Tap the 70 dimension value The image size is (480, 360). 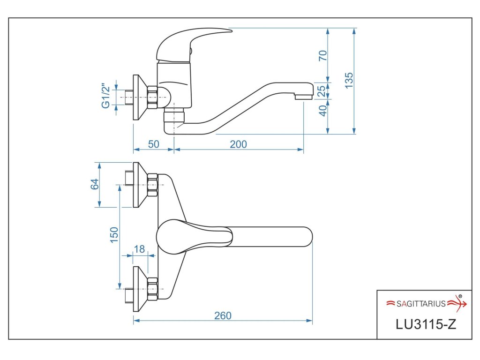click(x=322, y=55)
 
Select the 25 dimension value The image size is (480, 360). click(x=322, y=90)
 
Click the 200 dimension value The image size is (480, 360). click(x=238, y=144)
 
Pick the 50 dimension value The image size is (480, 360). click(x=154, y=144)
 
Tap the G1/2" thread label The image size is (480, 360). click(x=105, y=96)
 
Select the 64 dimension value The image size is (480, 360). click(x=94, y=184)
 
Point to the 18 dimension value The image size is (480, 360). click(x=139, y=249)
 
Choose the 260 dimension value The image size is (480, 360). click(x=223, y=315)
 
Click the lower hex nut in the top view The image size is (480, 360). click(x=152, y=289)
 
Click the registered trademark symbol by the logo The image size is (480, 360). click(x=460, y=296)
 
